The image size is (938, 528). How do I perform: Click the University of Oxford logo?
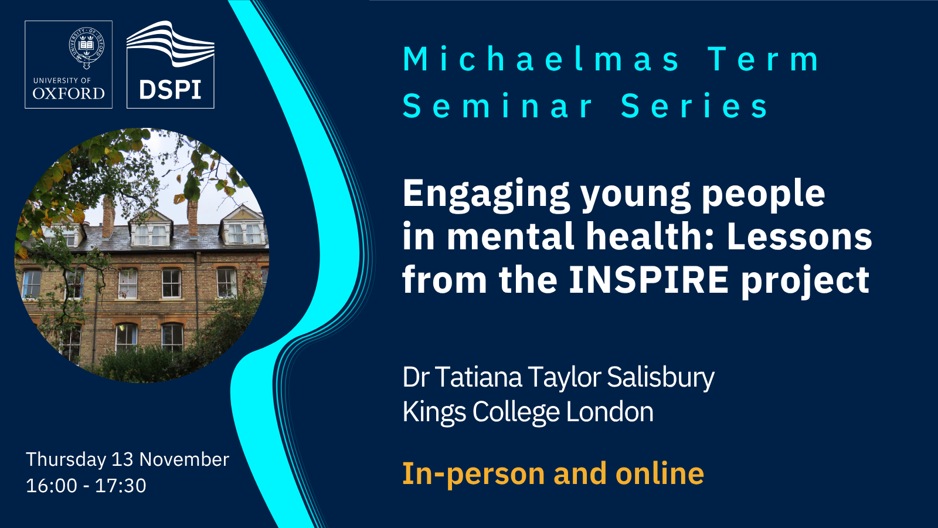[69, 65]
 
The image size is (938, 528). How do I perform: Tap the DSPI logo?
[171, 65]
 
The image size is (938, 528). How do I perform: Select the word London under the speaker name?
[610, 412]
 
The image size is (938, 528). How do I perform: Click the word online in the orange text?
[660, 473]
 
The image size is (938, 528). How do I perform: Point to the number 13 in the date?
[123, 459]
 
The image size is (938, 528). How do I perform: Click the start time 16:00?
[52, 486]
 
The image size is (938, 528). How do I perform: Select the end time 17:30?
[121, 486]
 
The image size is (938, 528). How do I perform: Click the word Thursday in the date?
[66, 460]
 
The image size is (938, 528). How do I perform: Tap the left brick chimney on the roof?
[108, 218]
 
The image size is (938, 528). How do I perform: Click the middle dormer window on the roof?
[151, 228]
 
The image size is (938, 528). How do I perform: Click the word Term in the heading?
[764, 59]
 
